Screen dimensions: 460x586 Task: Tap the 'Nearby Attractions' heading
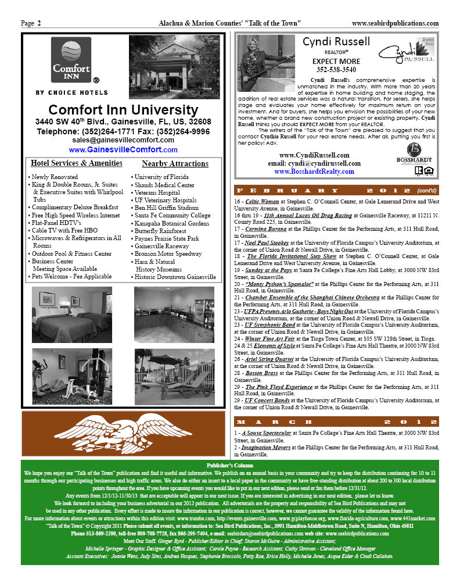(x=175, y=164)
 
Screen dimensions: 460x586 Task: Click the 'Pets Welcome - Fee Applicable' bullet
(x=71, y=277)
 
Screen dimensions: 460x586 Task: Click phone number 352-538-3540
(x=336, y=70)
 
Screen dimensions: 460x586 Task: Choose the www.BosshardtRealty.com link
(x=314, y=172)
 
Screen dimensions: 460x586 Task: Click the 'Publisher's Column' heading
(x=229, y=466)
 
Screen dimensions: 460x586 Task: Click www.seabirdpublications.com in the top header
(x=395, y=23)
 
